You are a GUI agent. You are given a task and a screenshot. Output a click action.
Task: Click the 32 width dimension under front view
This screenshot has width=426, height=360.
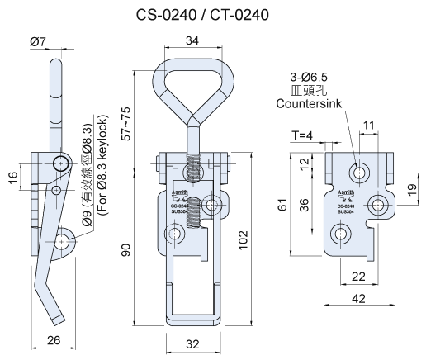point(192,342)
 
